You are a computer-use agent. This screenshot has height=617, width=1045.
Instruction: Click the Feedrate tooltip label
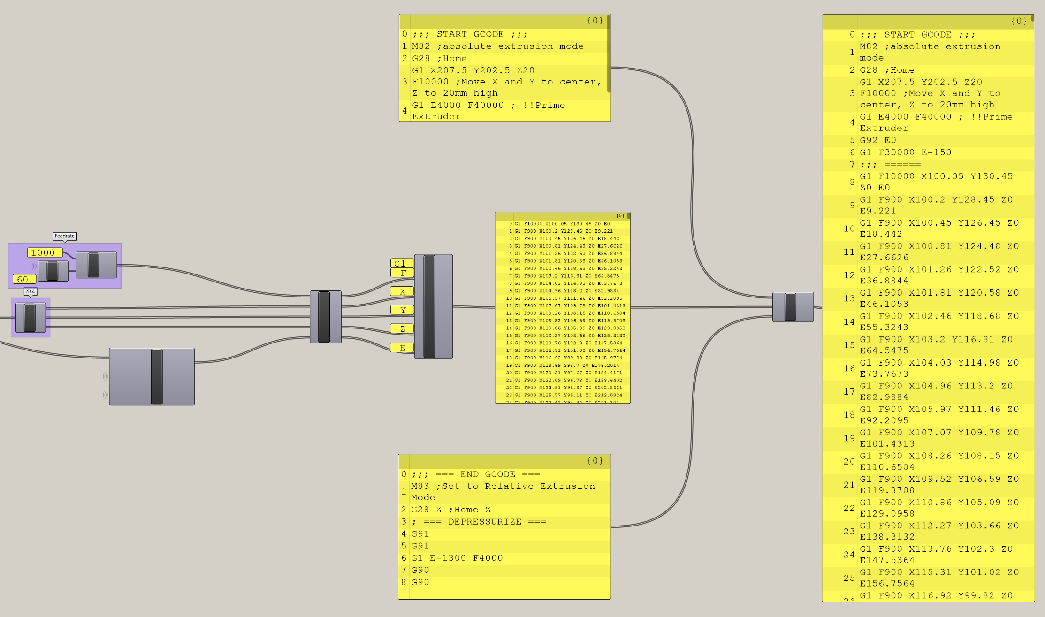[x=64, y=236]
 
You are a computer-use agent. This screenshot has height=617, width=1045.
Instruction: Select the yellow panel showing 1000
[x=45, y=252]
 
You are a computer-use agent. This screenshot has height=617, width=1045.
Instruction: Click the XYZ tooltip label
[x=31, y=291]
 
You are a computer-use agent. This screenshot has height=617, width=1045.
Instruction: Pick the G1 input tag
[x=402, y=263]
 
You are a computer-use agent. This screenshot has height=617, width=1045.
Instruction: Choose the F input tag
[x=402, y=273]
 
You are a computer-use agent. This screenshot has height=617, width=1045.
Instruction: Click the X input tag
[x=402, y=291]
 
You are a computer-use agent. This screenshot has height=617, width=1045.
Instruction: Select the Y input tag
[x=402, y=310]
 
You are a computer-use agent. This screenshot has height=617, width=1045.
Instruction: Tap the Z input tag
[x=402, y=329]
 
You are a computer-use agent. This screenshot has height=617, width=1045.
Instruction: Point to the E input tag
[x=402, y=348]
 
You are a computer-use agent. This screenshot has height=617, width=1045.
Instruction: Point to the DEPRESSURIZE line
[x=479, y=522]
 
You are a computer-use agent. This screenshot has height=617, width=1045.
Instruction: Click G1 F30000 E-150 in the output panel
[x=905, y=152]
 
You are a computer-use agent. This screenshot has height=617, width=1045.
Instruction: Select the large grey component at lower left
[x=152, y=376]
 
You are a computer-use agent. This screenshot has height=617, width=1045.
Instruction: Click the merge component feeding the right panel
[x=793, y=307]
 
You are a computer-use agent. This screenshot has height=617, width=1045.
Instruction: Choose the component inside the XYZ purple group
[x=31, y=318]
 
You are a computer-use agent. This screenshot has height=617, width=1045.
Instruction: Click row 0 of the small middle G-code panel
[x=562, y=224]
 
